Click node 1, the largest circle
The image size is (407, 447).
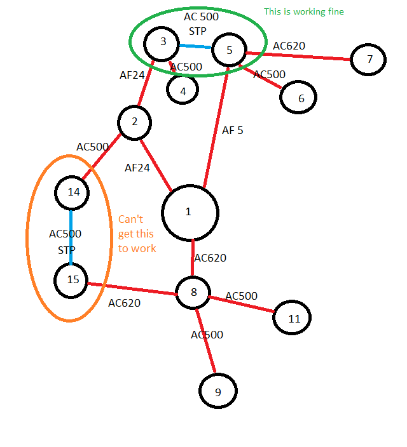point(190,213)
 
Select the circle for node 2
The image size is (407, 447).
point(134,123)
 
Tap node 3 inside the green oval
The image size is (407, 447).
point(163,43)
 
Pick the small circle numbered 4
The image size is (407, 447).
point(183,90)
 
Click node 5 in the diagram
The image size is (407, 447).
point(229,50)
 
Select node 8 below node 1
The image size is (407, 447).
point(194,293)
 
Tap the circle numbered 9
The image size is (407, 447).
point(217,392)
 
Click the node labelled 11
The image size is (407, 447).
point(293,319)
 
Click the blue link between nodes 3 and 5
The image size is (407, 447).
point(195,46)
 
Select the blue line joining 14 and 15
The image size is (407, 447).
point(71,236)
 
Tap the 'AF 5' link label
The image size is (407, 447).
point(232,131)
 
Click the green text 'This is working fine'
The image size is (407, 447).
point(303,11)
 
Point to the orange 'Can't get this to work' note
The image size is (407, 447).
point(137,233)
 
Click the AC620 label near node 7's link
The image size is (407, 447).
point(289,46)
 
